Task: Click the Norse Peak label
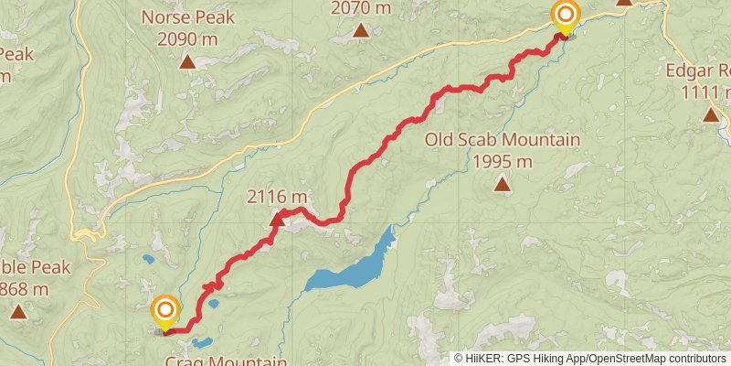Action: point(188,17)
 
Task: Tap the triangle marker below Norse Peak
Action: point(187,62)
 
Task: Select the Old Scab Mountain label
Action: point(503,140)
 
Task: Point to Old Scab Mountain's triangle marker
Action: point(502,185)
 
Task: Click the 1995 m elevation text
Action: point(503,161)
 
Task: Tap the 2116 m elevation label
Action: point(277,197)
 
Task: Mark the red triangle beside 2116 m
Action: point(277,219)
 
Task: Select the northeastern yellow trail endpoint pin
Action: point(566,16)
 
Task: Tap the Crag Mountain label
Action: point(218,359)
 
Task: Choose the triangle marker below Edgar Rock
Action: point(711,114)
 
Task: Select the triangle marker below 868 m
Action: point(18,312)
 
